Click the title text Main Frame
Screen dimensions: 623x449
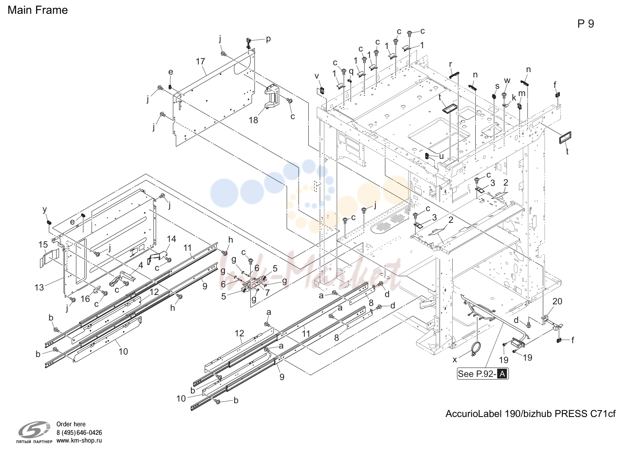pyautogui.click(x=38, y=10)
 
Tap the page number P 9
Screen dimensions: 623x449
pyautogui.click(x=585, y=24)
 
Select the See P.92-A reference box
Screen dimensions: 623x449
pyautogui.click(x=483, y=374)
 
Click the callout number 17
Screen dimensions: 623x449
pyautogui.click(x=200, y=61)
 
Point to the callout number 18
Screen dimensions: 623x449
pyautogui.click(x=253, y=120)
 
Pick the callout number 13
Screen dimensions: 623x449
pyautogui.click(x=39, y=287)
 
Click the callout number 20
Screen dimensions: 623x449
pyautogui.click(x=557, y=301)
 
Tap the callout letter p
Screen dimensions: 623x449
pyautogui.click(x=268, y=39)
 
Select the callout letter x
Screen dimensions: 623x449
pyautogui.click(x=455, y=360)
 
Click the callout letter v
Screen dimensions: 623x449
pyautogui.click(x=316, y=76)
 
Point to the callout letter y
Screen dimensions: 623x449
pyautogui.click(x=45, y=210)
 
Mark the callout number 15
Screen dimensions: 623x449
pyautogui.click(x=43, y=244)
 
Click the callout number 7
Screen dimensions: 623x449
pyautogui.click(x=267, y=293)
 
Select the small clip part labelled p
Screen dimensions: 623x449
pyautogui.click(x=249, y=43)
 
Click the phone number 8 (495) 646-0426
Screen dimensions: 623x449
pyautogui.click(x=79, y=433)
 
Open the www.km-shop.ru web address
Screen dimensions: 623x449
pyautogui.click(x=79, y=440)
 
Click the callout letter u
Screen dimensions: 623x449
pyautogui.click(x=441, y=156)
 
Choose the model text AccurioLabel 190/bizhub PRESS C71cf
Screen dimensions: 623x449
pyautogui.click(x=530, y=414)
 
